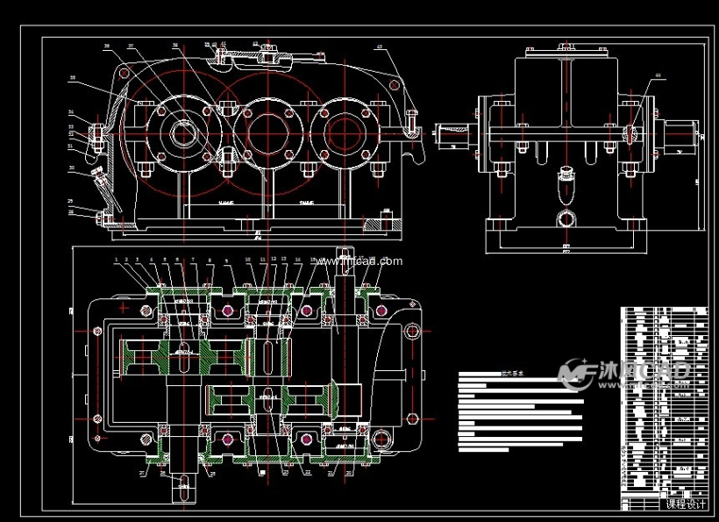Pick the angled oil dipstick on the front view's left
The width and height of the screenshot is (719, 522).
click(x=103, y=184)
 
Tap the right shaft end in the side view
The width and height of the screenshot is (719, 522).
click(x=680, y=134)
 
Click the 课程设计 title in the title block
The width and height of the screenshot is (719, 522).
click(x=686, y=504)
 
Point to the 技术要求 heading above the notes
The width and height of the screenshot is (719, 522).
click(x=509, y=372)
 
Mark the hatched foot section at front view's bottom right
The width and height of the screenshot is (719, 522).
click(x=373, y=225)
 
